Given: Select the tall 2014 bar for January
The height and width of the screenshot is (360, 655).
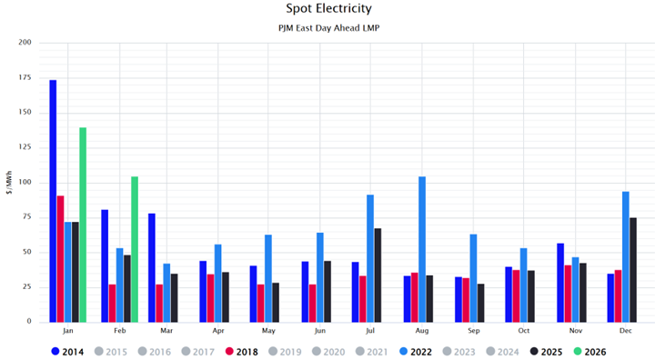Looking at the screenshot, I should click(53, 200).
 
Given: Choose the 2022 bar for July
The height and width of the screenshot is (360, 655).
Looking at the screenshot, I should click(370, 258).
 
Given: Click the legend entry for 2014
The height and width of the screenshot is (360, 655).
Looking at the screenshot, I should click(69, 351).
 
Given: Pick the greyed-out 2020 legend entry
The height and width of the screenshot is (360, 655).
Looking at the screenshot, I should click(328, 351).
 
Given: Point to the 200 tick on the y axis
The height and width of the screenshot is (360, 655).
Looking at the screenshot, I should click(25, 43).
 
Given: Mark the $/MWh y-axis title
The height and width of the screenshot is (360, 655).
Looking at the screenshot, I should click(7, 182).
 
